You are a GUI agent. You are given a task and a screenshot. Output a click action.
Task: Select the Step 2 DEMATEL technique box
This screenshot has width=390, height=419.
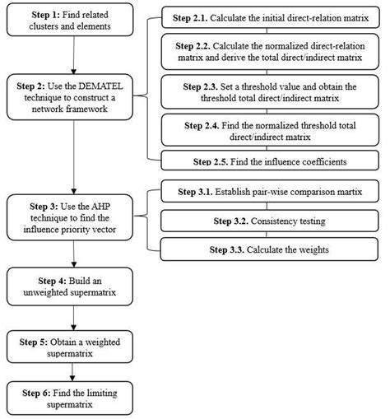coord(72,96)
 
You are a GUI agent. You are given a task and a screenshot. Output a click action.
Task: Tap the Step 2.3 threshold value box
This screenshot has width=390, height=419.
coord(271,92)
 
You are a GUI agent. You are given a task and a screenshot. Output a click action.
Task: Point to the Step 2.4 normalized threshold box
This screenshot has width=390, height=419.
coord(271,130)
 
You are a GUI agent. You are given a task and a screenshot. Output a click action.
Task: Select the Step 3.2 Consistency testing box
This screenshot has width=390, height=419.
coord(271,221)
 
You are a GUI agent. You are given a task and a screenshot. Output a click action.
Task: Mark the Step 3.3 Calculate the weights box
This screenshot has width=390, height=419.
coord(271,249)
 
